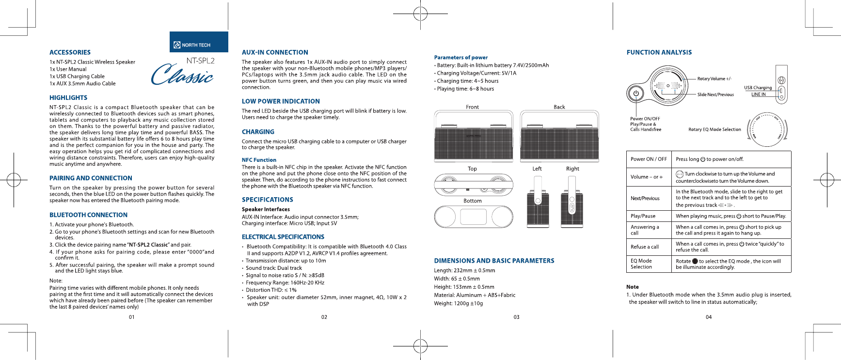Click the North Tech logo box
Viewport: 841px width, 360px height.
point(199,42)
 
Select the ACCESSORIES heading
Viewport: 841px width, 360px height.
point(70,52)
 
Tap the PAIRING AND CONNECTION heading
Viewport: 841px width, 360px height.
point(91,178)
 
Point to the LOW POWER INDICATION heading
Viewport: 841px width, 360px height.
point(281,101)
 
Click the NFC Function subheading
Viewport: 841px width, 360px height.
point(259,160)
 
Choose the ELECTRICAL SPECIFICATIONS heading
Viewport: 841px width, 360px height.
point(283,237)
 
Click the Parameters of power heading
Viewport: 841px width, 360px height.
point(460,57)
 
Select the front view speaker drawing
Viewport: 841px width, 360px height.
point(473,137)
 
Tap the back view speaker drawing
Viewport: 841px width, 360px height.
point(559,137)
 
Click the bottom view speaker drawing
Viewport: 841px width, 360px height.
point(473,217)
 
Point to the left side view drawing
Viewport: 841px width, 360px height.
point(538,203)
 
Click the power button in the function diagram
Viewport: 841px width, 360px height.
point(635,94)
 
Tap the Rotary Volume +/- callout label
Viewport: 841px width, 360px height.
point(714,78)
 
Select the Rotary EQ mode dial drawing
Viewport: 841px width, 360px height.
point(768,130)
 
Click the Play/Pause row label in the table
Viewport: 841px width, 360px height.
point(643,216)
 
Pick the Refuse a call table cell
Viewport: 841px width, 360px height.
point(645,247)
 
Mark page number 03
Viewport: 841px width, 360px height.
point(516,317)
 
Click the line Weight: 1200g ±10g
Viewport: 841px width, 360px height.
point(458,303)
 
